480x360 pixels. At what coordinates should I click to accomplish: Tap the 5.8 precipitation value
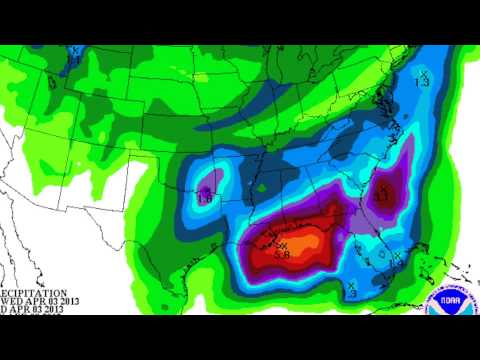tap(283, 255)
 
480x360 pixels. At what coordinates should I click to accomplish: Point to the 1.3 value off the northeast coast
tap(423, 83)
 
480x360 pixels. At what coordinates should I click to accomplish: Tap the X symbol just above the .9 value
tap(351, 283)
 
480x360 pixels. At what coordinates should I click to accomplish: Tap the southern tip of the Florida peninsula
tap(401, 281)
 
